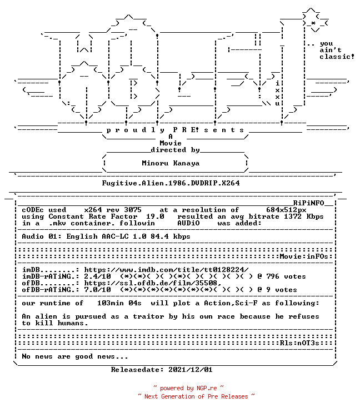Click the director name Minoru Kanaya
click(x=171, y=163)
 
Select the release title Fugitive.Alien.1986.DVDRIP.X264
click(x=171, y=183)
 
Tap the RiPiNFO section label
click(x=308, y=203)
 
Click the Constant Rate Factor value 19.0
click(x=155, y=216)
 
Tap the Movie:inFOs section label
click(x=304, y=256)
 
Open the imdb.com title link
click(x=166, y=270)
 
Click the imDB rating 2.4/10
click(x=98, y=276)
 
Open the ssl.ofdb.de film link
click(x=153, y=283)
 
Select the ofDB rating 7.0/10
click(x=98, y=290)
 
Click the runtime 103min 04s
click(x=119, y=303)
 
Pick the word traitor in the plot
click(x=148, y=316)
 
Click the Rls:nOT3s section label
click(x=299, y=343)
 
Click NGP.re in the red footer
click(x=207, y=388)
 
